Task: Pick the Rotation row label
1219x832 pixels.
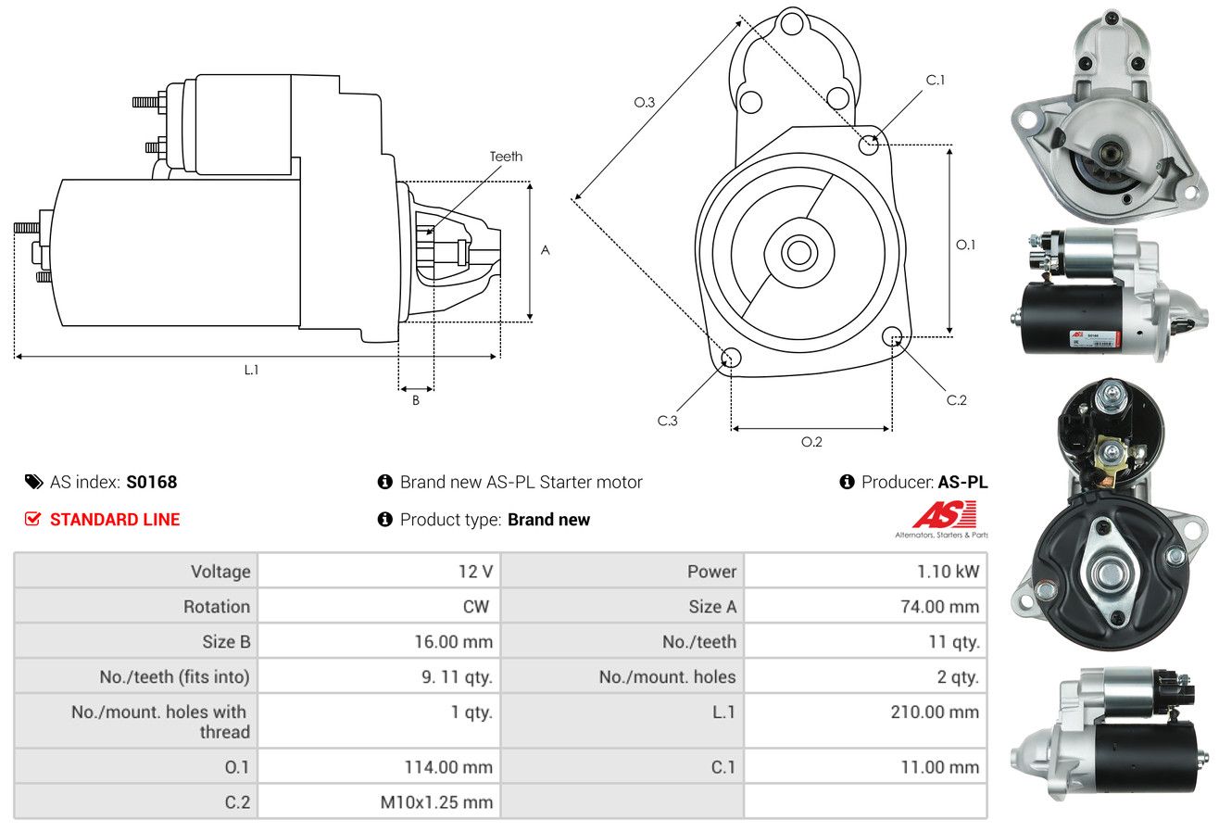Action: (217, 606)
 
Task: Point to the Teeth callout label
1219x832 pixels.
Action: (506, 157)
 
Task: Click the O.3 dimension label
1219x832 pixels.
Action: (645, 102)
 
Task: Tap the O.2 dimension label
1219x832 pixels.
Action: (811, 442)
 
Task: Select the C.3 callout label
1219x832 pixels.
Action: (667, 421)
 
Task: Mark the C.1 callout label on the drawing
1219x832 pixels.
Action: (935, 80)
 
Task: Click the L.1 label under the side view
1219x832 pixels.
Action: (251, 370)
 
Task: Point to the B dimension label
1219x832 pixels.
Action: (416, 400)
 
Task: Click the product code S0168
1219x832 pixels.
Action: (151, 482)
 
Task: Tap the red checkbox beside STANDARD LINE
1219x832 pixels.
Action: (32, 519)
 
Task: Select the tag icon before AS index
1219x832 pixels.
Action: (33, 482)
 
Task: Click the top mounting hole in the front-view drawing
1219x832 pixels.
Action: (792, 24)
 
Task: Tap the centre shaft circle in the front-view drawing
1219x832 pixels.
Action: (798, 252)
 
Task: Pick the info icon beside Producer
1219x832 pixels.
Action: (847, 482)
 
